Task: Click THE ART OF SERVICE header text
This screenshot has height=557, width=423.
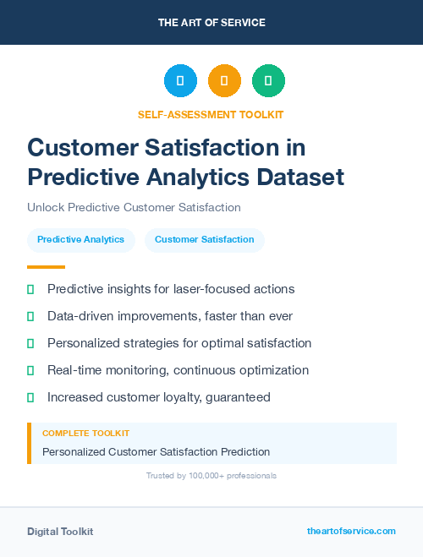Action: (211, 23)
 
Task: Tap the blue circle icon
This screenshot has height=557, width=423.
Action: (180, 81)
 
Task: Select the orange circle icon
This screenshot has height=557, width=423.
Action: (224, 81)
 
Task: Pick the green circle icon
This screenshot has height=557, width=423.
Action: (268, 81)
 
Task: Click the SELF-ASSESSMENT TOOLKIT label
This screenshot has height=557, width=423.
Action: (211, 114)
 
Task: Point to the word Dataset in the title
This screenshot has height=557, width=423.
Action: (296, 177)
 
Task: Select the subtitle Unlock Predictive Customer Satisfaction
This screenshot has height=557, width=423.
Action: (134, 207)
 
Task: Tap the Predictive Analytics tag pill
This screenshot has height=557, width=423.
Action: (80, 239)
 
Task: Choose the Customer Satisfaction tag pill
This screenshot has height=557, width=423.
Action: (204, 239)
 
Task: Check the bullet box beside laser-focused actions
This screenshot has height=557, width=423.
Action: (30, 289)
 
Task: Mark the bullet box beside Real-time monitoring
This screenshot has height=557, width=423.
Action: (30, 370)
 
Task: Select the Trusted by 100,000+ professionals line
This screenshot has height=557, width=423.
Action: (211, 476)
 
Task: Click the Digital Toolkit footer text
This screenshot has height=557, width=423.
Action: (60, 531)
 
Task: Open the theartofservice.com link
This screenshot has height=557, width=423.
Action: (351, 531)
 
